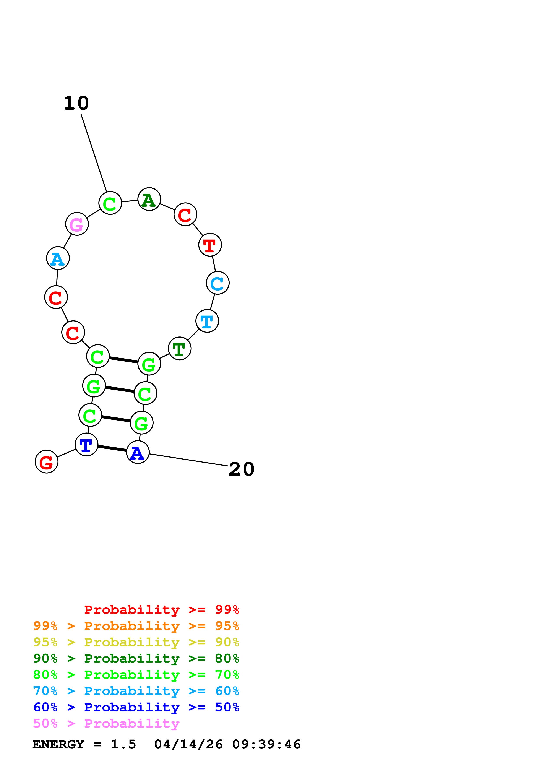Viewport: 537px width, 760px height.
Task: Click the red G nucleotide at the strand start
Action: tap(46, 461)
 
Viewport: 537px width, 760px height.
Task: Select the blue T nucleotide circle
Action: tap(86, 445)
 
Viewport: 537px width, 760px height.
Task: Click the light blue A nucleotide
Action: tap(58, 258)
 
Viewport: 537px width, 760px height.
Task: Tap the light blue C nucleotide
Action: tap(217, 283)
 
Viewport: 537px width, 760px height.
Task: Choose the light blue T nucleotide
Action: tap(207, 321)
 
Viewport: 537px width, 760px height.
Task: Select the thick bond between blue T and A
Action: tap(112, 448)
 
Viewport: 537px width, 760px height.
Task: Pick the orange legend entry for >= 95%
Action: tap(136, 626)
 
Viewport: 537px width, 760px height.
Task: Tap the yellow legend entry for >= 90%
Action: tap(136, 642)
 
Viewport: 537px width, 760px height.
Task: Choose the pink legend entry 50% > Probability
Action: tap(106, 724)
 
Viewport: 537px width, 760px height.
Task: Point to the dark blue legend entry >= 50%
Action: tap(136, 707)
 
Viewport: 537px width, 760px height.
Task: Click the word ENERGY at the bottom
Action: tap(58, 744)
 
